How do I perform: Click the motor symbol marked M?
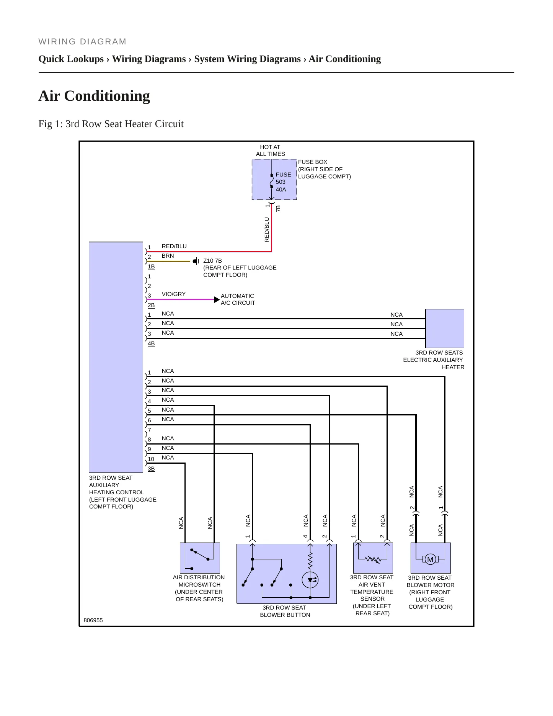(430, 559)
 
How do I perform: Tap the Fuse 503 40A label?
(283, 182)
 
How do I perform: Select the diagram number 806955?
(93, 620)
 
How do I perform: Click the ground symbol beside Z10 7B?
(196, 261)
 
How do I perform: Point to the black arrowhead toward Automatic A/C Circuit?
(217, 299)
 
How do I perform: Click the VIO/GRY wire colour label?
(173, 294)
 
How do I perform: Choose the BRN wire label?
(168, 256)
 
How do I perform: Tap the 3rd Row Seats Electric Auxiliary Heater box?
(445, 329)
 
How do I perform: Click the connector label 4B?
(151, 343)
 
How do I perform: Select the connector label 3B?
(151, 469)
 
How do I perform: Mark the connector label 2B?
(151, 305)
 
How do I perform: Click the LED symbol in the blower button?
(310, 580)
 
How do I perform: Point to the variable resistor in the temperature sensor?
(373, 559)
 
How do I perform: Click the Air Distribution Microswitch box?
(200, 558)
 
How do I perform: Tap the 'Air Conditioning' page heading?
(94, 96)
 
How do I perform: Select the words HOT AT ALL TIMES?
(271, 150)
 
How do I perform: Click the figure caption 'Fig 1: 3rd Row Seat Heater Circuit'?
(111, 124)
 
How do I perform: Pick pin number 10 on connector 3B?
(151, 459)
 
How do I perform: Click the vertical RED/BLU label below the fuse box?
(267, 230)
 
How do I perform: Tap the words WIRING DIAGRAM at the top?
(82, 42)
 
